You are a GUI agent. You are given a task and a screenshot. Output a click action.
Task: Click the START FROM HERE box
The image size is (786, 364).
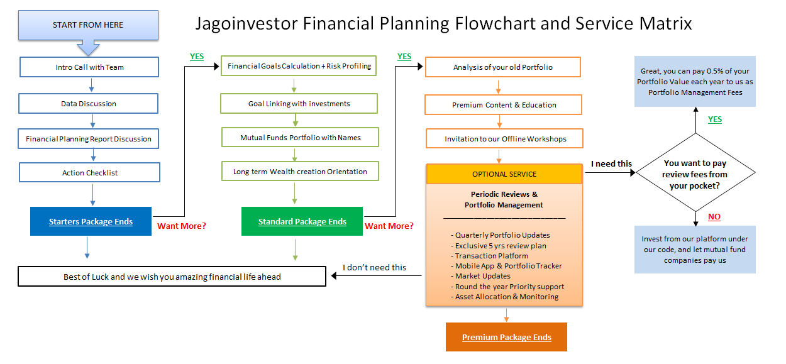tap(88, 25)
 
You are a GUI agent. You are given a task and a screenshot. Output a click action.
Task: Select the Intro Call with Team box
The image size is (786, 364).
tap(89, 67)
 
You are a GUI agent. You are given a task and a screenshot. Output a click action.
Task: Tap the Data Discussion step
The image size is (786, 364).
tap(89, 104)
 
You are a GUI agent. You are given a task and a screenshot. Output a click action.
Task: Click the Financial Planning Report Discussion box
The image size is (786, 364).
tap(89, 139)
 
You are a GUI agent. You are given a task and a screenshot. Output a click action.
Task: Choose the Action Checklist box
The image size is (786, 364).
tap(89, 173)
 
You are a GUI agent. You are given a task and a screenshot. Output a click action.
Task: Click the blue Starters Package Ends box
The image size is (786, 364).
tap(91, 221)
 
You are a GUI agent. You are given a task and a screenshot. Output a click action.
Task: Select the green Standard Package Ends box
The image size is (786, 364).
tap(302, 221)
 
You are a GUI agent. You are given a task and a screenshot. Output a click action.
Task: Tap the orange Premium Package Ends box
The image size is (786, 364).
tap(506, 337)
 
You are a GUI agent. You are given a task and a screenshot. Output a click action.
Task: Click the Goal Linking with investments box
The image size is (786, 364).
tap(299, 104)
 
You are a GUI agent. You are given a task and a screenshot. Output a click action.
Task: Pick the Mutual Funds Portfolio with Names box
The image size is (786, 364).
tap(300, 138)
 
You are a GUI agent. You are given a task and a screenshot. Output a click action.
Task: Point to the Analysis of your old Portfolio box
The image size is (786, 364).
tap(502, 67)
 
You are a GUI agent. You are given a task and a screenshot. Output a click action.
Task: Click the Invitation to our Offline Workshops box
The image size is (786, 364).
tap(505, 139)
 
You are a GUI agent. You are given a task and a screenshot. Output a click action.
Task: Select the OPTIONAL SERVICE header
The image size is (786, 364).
tap(504, 174)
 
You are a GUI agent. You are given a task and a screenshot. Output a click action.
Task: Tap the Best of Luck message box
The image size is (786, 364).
tap(172, 277)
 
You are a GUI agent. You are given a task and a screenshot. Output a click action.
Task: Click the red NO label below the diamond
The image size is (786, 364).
tap(714, 217)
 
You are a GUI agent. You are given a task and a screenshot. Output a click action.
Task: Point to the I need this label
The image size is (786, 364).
tap(611, 163)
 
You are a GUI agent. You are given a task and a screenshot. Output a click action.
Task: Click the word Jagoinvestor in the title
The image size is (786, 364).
tap(247, 24)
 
